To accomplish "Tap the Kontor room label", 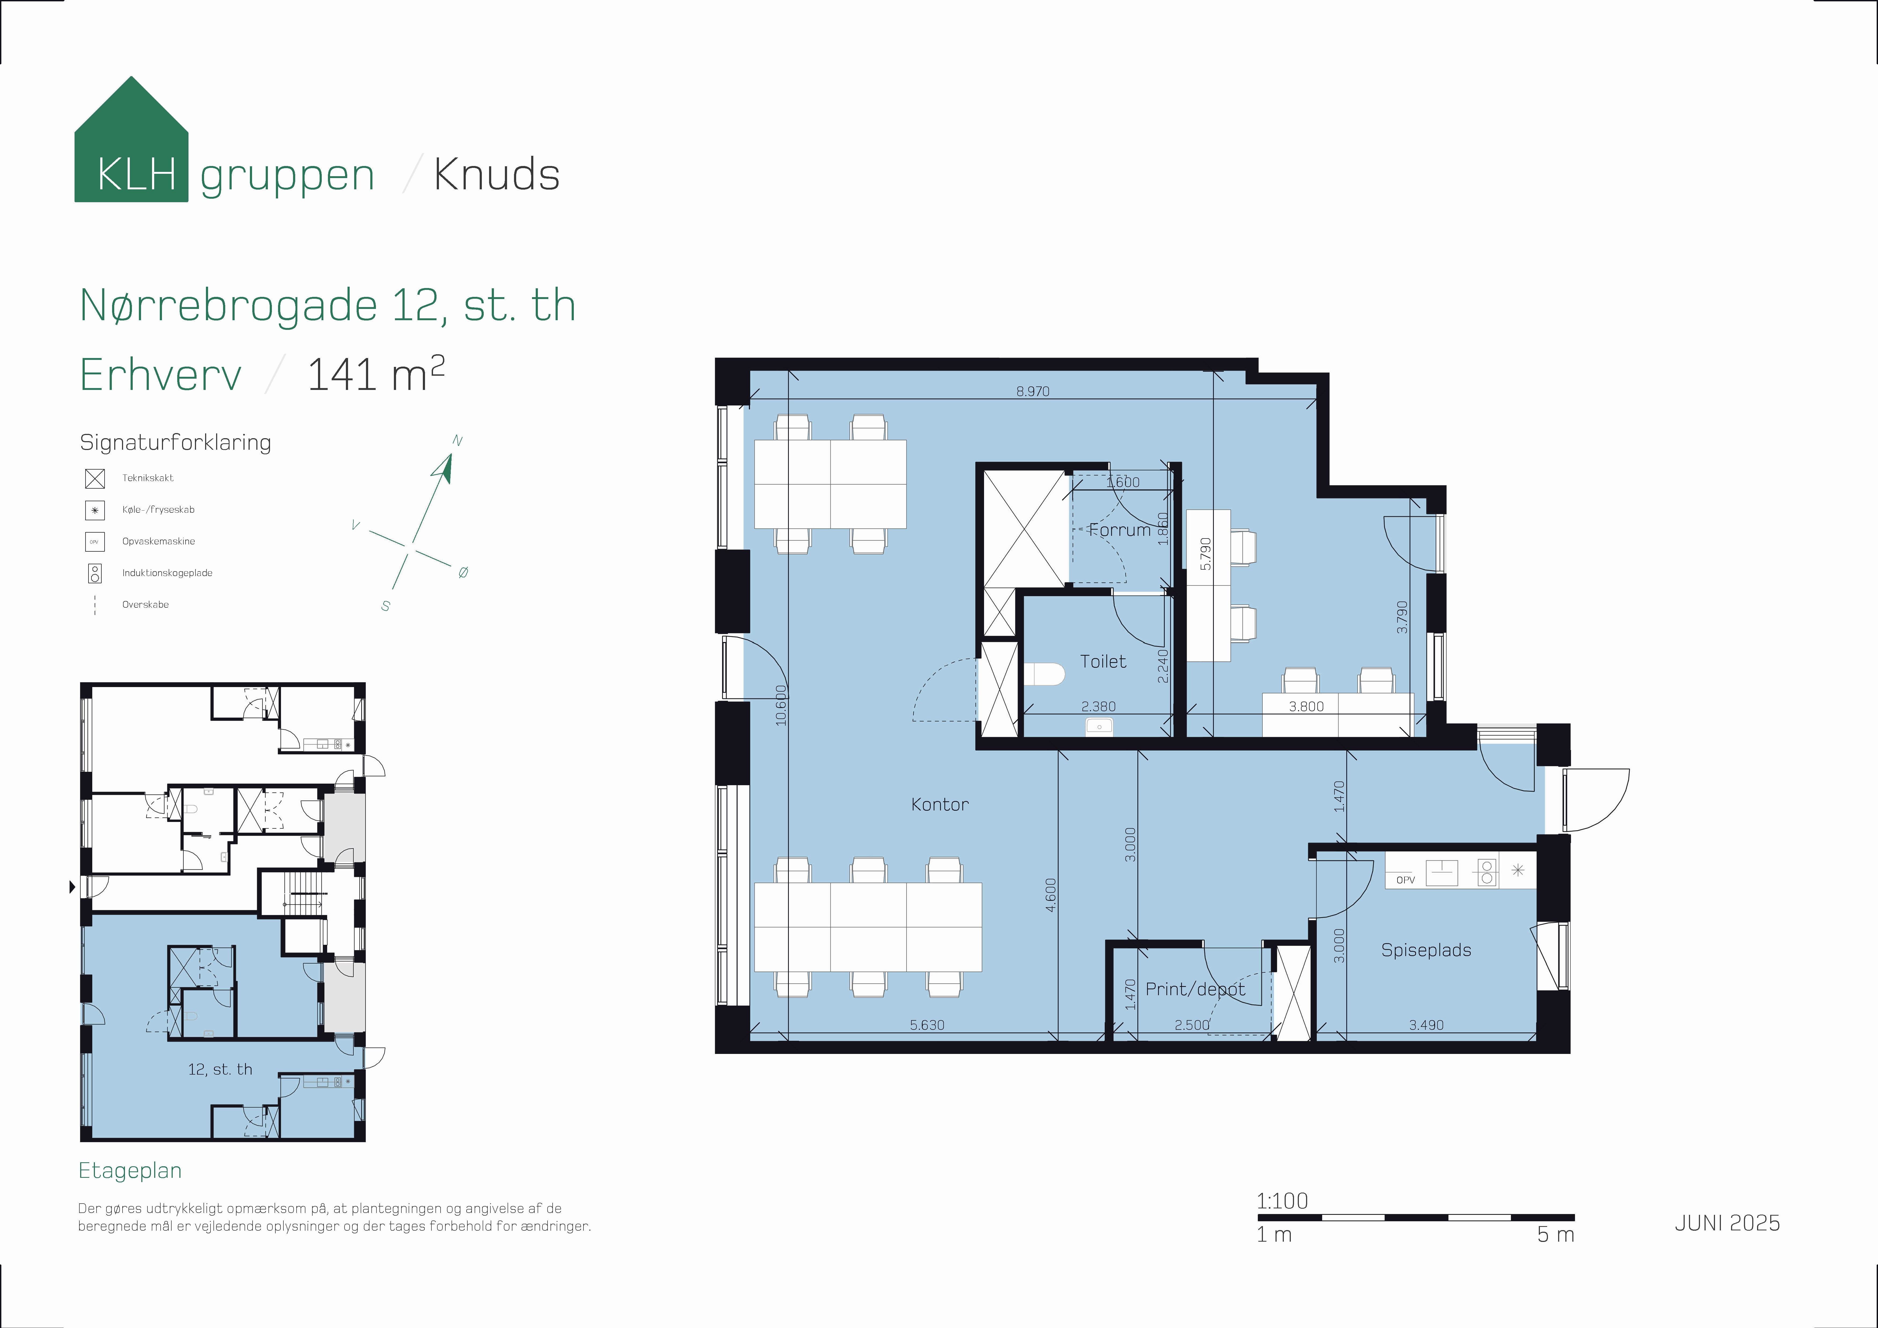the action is coord(940,804).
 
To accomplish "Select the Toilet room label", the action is coord(1103,661).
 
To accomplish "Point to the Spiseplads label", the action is coord(1426,950).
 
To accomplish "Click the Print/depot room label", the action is coord(1195,989).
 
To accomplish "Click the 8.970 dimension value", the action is coord(1032,391).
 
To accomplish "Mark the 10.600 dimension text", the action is coord(781,705).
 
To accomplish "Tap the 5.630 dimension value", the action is coord(927,1024).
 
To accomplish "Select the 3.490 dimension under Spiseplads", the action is coord(1426,1024).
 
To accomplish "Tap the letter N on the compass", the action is coord(457,441).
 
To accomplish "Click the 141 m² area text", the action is coord(375,374).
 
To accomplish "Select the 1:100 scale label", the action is coord(1282,1201).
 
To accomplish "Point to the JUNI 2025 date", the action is coord(1727,1222).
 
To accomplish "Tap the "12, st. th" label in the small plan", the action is coord(220,1069).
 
